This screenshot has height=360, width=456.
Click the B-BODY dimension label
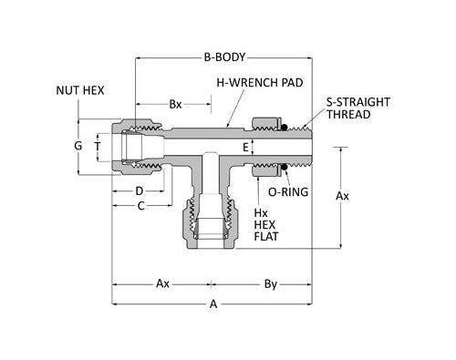224,57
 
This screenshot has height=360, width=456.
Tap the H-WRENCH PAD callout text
260,83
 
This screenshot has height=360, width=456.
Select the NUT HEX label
80,90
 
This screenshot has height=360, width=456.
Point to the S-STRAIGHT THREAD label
358,108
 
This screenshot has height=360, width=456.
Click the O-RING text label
288,192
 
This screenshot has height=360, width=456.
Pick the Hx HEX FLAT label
266,224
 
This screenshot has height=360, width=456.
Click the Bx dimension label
175,105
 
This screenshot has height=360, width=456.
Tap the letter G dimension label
78,146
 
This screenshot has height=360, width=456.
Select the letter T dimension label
98,147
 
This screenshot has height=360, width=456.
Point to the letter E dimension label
245,148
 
